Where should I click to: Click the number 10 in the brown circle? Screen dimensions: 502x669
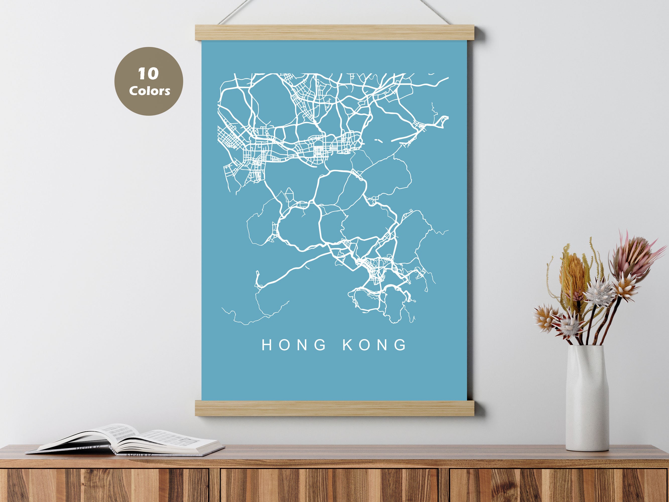click(148, 74)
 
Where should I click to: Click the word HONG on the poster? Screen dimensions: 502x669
click(294, 345)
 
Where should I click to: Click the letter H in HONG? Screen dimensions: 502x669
click(267, 345)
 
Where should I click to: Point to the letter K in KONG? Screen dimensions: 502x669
click(348, 345)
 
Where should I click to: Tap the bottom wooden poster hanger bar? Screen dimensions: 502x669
click(334, 408)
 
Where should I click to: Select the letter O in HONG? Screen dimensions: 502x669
click(285, 345)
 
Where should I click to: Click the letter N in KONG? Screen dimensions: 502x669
click(383, 345)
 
